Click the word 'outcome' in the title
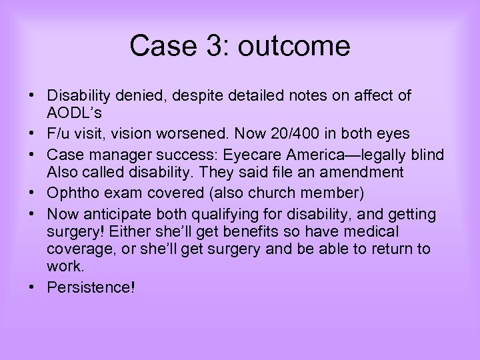pyautogui.click(x=294, y=46)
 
